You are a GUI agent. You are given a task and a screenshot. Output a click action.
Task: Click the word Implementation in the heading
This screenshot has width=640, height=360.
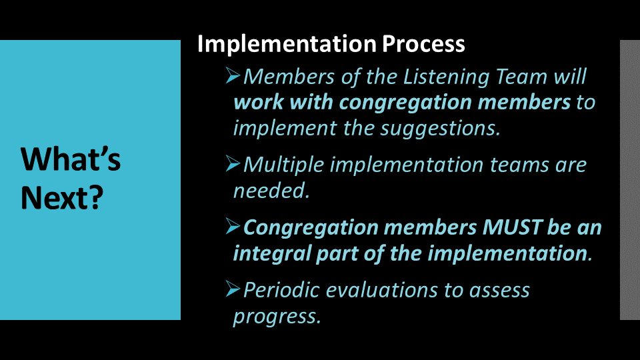[287, 45]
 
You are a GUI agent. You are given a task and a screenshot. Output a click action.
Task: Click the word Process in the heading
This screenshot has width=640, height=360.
[423, 44]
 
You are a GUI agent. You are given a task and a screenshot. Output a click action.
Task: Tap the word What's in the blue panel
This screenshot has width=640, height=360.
[71, 159]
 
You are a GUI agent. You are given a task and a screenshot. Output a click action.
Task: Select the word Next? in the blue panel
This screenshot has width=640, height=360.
[62, 197]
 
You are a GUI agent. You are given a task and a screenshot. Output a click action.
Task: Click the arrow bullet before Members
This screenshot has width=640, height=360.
[233, 75]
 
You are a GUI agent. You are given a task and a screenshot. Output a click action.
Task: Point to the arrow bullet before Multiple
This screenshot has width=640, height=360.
[233, 164]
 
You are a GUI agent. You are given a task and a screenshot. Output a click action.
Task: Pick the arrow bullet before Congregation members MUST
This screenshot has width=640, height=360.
[233, 226]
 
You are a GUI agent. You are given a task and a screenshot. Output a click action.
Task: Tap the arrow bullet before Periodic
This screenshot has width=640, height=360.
[233, 289]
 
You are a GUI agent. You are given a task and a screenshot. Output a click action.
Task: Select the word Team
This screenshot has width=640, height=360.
[521, 77]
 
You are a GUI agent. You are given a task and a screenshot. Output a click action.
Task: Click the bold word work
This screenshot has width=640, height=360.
[259, 102]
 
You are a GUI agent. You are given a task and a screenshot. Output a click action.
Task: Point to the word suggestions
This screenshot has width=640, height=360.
[441, 129]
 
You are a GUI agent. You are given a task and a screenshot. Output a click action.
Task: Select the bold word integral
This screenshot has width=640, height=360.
[272, 254]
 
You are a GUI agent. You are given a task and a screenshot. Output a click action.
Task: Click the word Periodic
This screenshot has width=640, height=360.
[281, 290]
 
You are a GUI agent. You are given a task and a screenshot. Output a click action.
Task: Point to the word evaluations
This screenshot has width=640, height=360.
[381, 290]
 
